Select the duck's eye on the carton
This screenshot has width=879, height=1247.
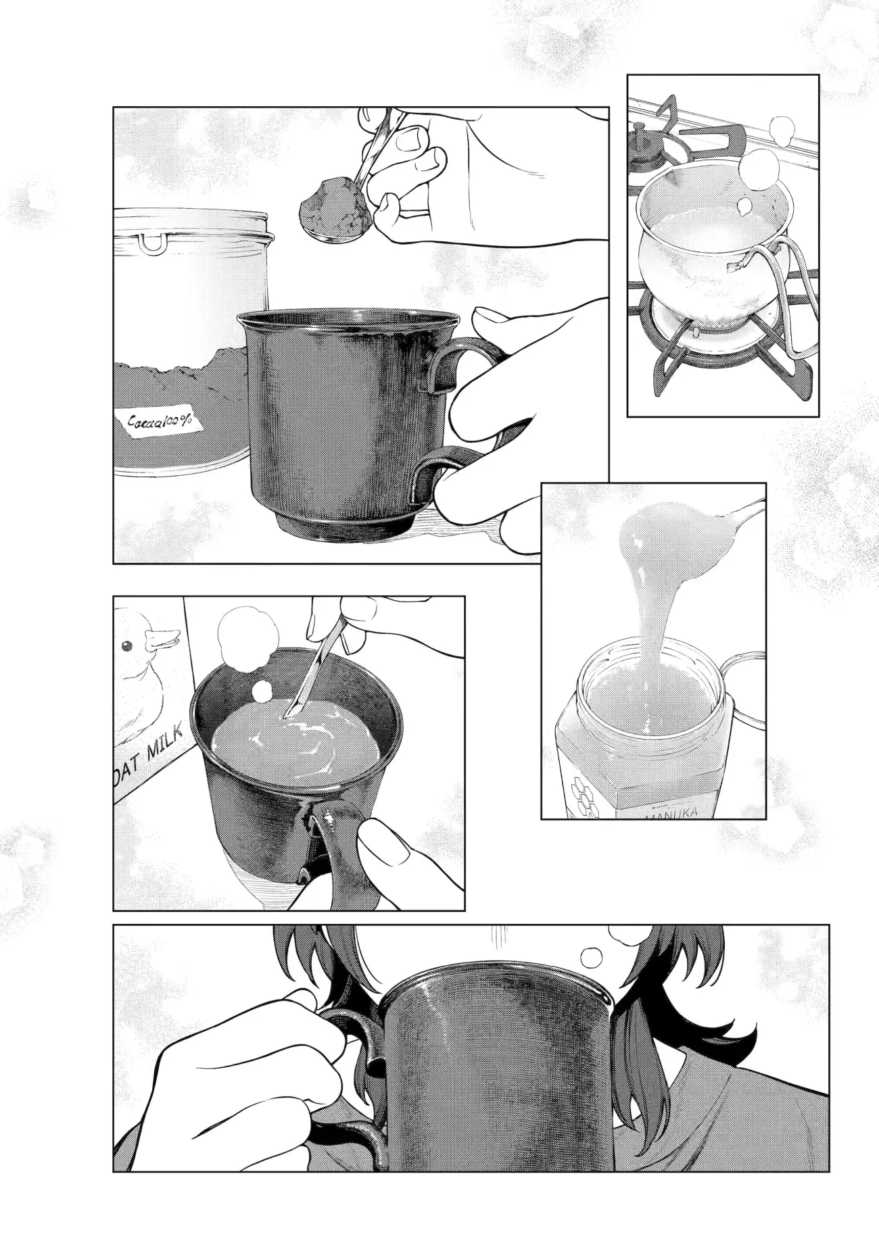(x=126, y=645)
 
